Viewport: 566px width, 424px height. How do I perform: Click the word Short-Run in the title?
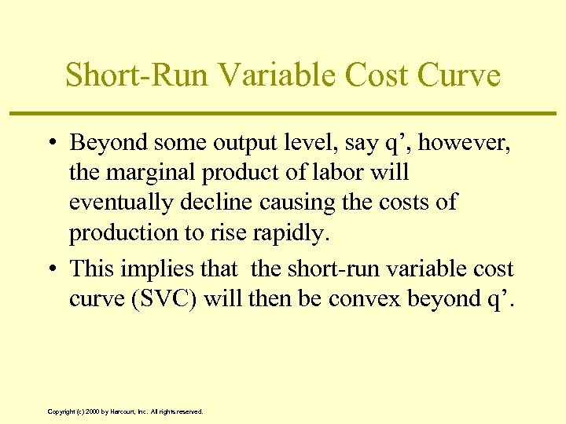coord(134,75)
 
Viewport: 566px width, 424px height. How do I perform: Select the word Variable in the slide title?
coord(263,75)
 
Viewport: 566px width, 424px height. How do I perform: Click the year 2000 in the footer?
coord(93,411)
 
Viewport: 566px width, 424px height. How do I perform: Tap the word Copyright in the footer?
coord(62,411)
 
